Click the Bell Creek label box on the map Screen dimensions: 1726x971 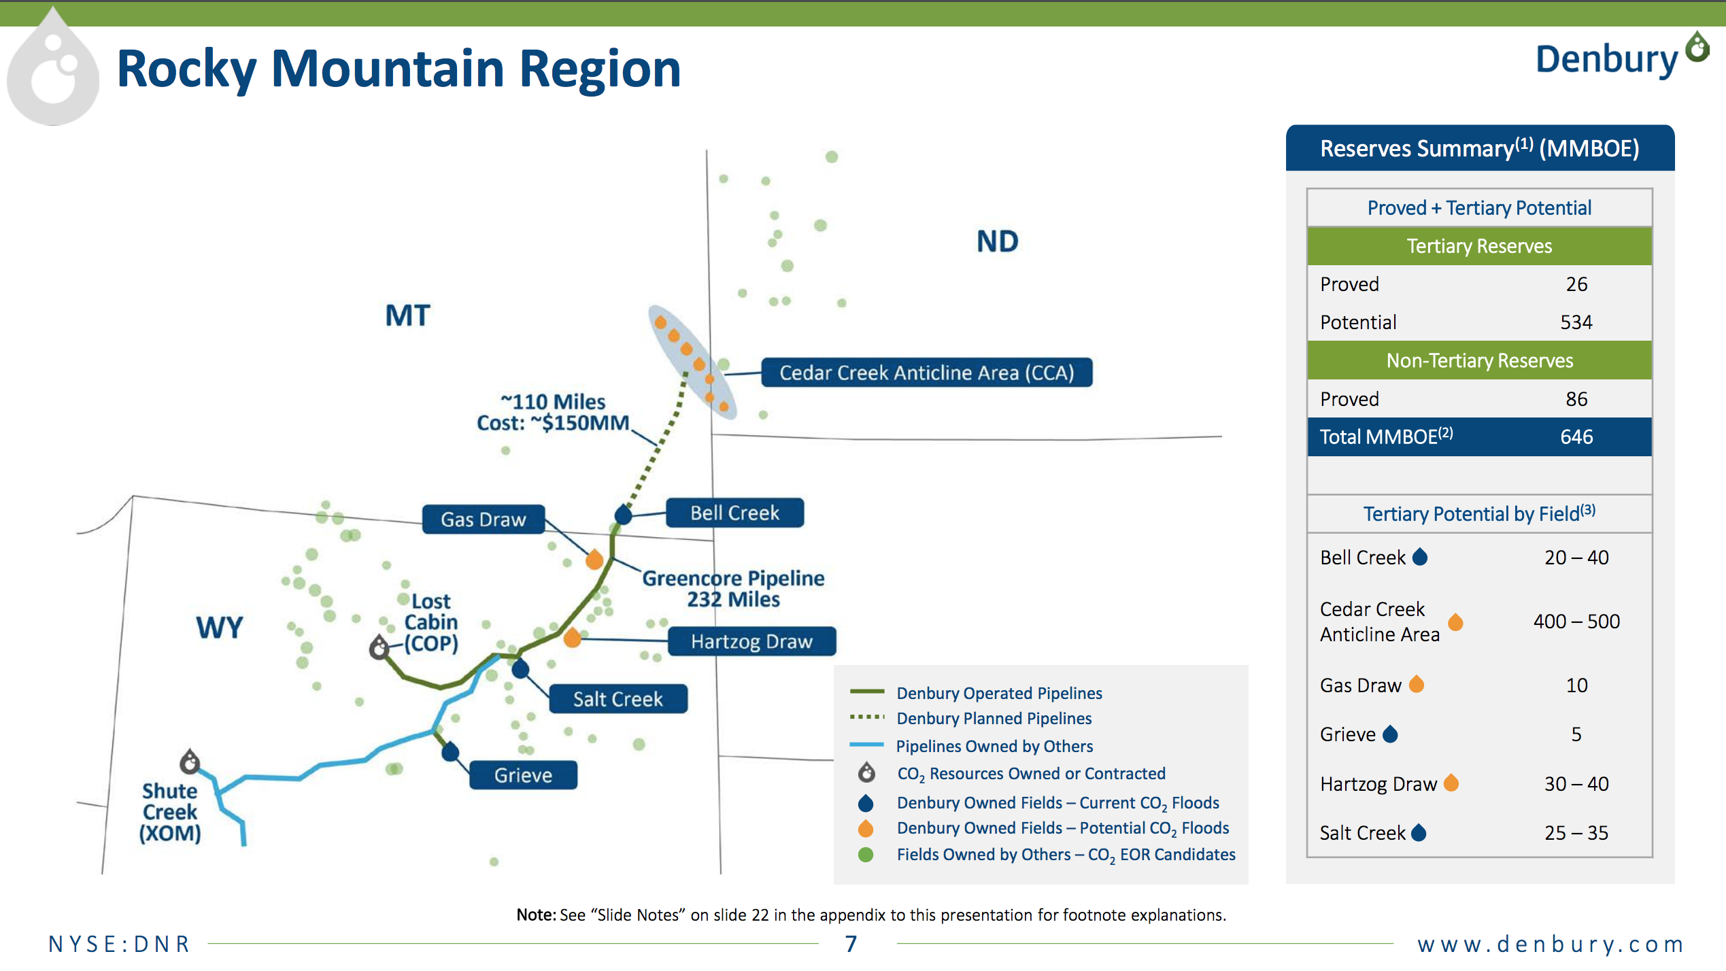click(734, 513)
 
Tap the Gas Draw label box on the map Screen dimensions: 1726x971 click(484, 519)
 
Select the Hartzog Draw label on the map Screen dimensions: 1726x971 click(751, 641)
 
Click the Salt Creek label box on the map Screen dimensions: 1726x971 click(617, 699)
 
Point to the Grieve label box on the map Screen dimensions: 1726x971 click(523, 775)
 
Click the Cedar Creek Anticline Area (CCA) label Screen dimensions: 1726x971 click(926, 373)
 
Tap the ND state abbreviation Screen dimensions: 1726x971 click(997, 241)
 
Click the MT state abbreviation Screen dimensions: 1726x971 click(407, 316)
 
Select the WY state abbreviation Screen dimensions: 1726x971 click(219, 627)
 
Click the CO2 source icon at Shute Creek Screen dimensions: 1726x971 click(190, 762)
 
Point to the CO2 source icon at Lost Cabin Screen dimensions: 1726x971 click(379, 647)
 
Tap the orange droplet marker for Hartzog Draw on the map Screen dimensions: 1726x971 click(573, 637)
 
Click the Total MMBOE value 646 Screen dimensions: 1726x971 click(1576, 437)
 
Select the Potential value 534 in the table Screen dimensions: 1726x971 click(1576, 322)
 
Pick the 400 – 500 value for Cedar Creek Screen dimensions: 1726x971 click(1576, 621)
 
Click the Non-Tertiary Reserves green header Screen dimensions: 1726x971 click(1479, 360)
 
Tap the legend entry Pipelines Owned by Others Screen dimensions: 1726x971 click(994, 747)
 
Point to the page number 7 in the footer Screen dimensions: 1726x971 click(851, 944)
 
